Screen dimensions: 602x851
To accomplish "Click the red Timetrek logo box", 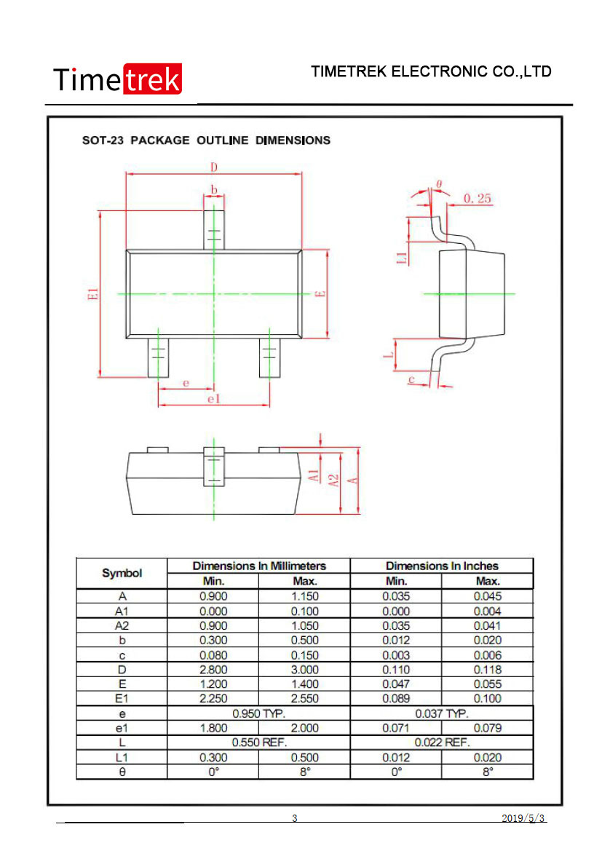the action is pyautogui.click(x=153, y=79).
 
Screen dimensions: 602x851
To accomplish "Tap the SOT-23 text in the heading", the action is pyautogui.click(x=103, y=140).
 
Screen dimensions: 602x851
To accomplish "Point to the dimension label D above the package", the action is pyautogui.click(x=214, y=167).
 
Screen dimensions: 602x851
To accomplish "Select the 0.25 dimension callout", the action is pyautogui.click(x=477, y=199).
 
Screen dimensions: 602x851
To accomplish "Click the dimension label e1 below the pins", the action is pyautogui.click(x=214, y=399).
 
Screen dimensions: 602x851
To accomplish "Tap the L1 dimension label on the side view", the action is pyautogui.click(x=402, y=258).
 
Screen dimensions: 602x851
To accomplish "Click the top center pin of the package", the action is pyautogui.click(x=214, y=230).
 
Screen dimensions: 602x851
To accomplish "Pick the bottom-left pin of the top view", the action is pyautogui.click(x=158, y=357).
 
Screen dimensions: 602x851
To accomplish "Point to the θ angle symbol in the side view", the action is pyautogui.click(x=439, y=184).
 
